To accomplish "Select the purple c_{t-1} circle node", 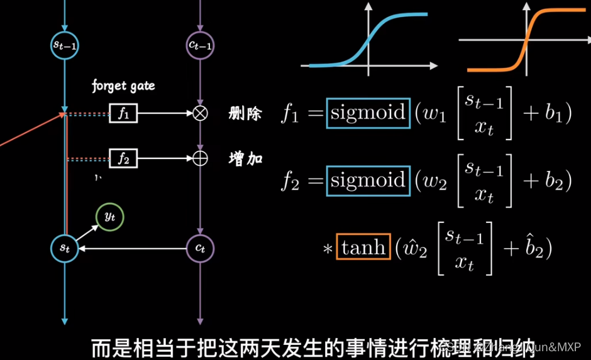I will (x=200, y=45).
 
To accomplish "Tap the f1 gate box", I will (x=123, y=114).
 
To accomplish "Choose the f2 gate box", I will (x=123, y=159).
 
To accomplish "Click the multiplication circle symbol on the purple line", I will (x=200, y=114).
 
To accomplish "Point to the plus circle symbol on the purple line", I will (x=200, y=159).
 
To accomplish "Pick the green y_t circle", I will (x=109, y=217).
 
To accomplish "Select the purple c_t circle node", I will (x=200, y=249).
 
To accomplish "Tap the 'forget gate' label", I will (x=123, y=85).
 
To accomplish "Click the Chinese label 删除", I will (x=245, y=114).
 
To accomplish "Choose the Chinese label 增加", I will (x=245, y=159).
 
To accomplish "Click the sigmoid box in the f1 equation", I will (x=368, y=113).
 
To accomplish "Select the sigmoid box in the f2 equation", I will (x=368, y=181).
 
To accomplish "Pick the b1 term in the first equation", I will (x=555, y=114).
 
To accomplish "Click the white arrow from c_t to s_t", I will (x=132, y=249).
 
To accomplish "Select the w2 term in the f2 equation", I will (x=434, y=183).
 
